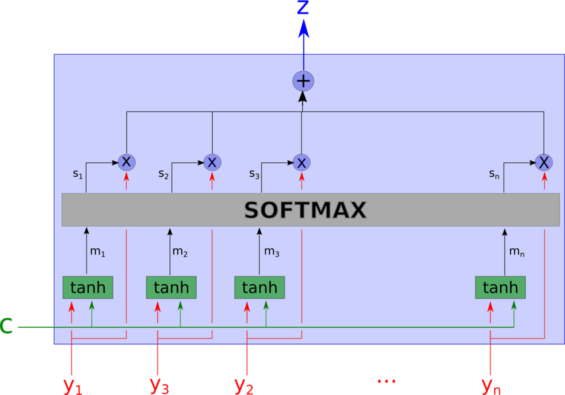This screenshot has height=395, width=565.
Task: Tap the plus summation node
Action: click(x=303, y=81)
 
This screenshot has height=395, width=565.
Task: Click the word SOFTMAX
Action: click(x=305, y=210)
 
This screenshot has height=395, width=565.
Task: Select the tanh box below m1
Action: click(x=88, y=288)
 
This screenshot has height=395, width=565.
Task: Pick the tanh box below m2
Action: click(x=171, y=288)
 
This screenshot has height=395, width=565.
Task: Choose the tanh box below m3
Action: click(x=260, y=288)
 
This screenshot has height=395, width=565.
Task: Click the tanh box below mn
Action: click(x=500, y=288)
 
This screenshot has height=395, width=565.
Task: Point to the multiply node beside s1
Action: click(x=127, y=162)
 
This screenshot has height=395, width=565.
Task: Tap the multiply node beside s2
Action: click(x=212, y=162)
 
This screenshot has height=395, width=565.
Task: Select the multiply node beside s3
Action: click(x=302, y=162)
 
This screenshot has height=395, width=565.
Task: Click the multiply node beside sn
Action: click(x=544, y=162)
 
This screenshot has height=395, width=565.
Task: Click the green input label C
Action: click(x=6, y=326)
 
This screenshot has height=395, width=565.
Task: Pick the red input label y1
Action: click(x=73, y=385)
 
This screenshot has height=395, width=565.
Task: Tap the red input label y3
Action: click(x=159, y=385)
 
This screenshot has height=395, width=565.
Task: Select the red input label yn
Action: click(x=491, y=385)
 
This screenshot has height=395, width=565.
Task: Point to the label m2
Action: click(x=180, y=252)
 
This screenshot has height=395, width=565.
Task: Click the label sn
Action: click(x=494, y=174)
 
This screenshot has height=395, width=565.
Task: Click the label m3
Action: click(x=272, y=252)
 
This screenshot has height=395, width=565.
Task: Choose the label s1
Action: click(x=78, y=174)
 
